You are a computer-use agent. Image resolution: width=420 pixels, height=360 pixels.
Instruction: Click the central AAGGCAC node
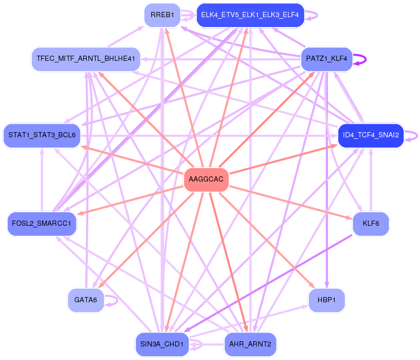(x=206, y=179)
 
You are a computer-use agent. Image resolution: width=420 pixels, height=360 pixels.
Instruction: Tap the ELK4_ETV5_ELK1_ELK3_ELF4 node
(x=250, y=15)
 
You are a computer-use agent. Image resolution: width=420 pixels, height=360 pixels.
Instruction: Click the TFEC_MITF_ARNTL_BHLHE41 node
(x=86, y=59)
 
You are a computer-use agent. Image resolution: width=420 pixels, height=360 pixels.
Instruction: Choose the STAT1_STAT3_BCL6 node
(x=42, y=135)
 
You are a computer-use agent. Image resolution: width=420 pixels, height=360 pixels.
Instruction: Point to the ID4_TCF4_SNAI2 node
(x=371, y=135)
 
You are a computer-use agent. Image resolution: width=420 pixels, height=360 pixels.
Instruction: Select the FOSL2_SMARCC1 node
(x=42, y=224)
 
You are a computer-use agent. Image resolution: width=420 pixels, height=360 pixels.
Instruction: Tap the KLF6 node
(x=371, y=224)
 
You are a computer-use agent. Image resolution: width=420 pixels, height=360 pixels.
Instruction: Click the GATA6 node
(x=86, y=300)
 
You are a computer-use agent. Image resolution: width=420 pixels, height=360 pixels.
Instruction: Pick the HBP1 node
(x=326, y=300)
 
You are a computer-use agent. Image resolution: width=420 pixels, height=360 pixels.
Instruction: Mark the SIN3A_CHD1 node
(x=161, y=344)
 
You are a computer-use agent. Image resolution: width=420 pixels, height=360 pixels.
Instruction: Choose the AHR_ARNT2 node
(x=250, y=344)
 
